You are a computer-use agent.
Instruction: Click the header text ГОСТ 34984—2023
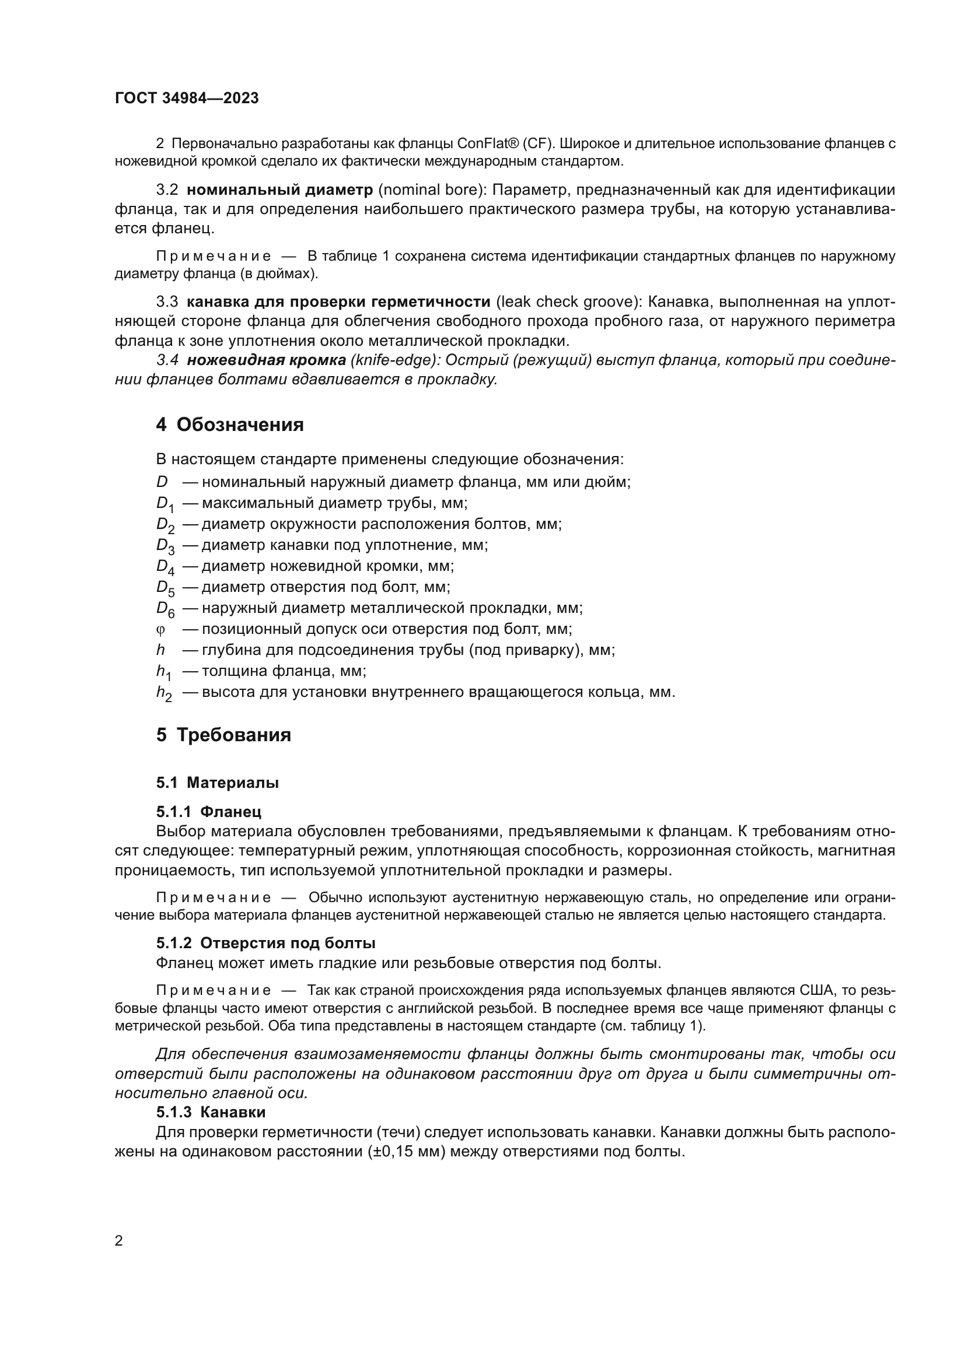click(x=187, y=99)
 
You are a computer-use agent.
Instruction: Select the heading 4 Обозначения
click(x=230, y=425)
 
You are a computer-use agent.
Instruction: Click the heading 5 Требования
click(x=223, y=735)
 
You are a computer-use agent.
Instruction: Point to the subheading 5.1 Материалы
click(x=218, y=783)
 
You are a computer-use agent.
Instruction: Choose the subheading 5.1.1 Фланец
click(x=208, y=812)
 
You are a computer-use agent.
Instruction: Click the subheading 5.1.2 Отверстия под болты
click(x=265, y=943)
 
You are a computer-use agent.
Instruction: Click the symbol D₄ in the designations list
click(x=165, y=567)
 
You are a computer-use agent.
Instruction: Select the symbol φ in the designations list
click(x=160, y=629)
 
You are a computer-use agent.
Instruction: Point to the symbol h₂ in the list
click(x=164, y=693)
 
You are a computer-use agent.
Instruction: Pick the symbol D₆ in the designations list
click(x=165, y=609)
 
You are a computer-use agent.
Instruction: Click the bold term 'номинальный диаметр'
click(x=280, y=190)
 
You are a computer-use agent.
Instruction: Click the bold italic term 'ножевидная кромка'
click(x=266, y=360)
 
